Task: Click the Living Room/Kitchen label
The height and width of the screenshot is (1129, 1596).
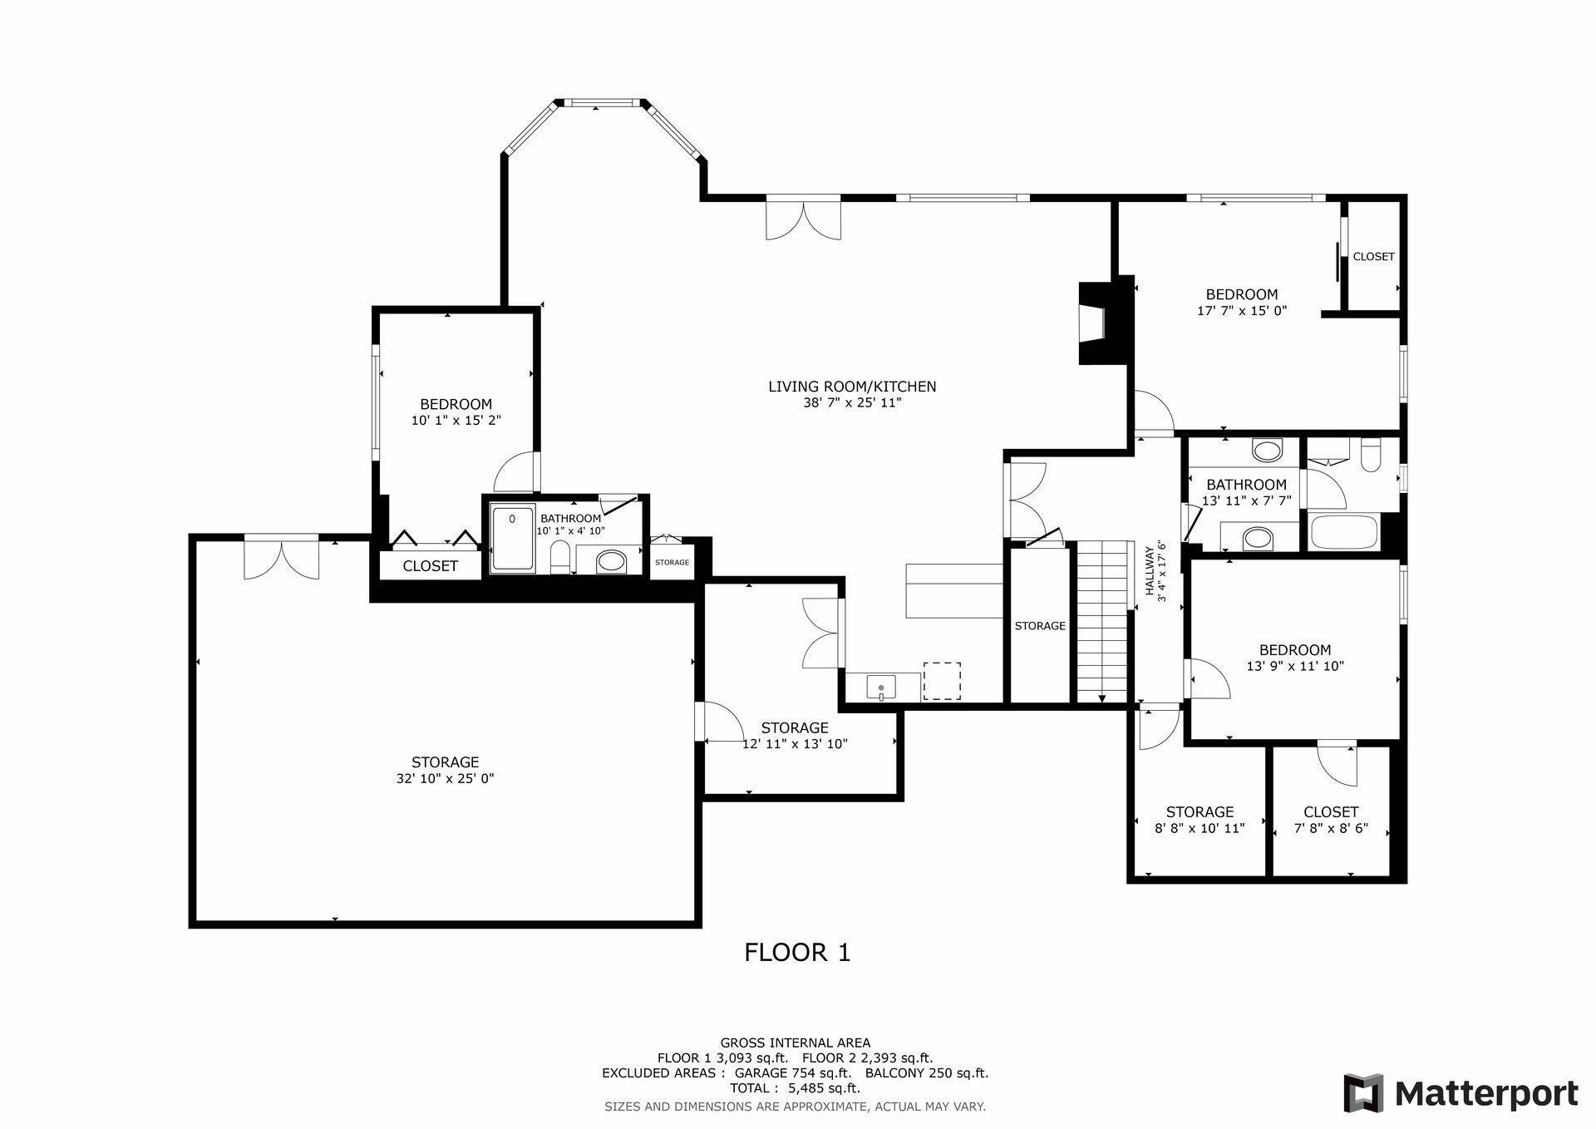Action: pos(852,387)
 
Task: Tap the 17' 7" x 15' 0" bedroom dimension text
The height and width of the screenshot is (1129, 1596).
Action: pos(1242,311)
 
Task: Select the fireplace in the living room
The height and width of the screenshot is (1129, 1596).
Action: pos(1105,323)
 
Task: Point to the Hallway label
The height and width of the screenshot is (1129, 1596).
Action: pos(1150,570)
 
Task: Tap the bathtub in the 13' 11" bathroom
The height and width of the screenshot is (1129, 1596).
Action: pos(1344,532)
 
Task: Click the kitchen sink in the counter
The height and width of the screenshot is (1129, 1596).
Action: pos(881,688)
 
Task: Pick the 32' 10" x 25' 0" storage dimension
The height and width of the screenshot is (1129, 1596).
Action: pos(445,779)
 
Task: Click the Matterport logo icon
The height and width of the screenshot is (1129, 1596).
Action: pos(1364,1092)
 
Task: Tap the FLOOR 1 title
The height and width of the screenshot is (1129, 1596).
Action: pos(797,953)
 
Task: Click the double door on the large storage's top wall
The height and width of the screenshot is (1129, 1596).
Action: pos(281,557)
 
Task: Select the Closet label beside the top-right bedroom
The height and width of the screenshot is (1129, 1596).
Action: pos(1373,257)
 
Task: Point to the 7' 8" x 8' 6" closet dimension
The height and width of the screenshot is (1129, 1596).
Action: pos(1331,829)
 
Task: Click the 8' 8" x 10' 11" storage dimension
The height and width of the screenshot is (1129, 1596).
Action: pos(1199,829)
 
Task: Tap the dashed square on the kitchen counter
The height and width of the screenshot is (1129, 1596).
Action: pos(942,681)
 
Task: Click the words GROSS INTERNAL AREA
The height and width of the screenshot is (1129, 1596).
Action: pos(796,1043)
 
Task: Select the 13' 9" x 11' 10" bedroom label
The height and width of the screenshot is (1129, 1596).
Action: pos(1295,650)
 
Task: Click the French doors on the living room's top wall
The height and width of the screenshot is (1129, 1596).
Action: pos(803,219)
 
